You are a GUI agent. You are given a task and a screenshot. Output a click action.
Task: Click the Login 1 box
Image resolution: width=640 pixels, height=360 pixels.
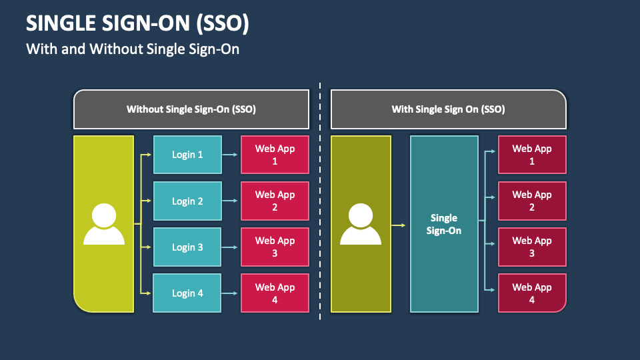click(x=187, y=155)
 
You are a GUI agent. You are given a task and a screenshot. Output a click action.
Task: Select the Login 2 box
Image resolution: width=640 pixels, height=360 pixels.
click(x=187, y=201)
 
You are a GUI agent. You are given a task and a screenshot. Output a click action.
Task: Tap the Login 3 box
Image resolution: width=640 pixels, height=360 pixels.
click(x=187, y=247)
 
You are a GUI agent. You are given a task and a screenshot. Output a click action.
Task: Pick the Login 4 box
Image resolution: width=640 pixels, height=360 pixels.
click(x=187, y=293)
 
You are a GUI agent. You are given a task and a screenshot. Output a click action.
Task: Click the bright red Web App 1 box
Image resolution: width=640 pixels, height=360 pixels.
click(x=275, y=155)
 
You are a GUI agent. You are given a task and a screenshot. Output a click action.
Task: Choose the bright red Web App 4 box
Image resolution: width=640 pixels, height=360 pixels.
click(x=275, y=293)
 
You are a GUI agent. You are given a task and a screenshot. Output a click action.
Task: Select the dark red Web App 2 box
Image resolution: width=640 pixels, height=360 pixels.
click(x=532, y=201)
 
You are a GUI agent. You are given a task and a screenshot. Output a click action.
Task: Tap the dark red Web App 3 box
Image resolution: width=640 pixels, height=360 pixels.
click(x=532, y=247)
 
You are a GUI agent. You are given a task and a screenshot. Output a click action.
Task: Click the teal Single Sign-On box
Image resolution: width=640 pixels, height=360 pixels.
click(x=444, y=224)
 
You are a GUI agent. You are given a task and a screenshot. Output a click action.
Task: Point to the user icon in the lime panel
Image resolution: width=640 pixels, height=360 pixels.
click(x=104, y=224)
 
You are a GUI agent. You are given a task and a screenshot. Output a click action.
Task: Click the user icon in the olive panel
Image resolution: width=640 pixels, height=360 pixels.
click(x=361, y=224)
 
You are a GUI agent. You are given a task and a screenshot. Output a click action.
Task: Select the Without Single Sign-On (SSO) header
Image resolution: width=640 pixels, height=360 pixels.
click(x=191, y=109)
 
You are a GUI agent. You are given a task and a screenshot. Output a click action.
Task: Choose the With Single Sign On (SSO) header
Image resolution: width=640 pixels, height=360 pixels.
click(x=448, y=109)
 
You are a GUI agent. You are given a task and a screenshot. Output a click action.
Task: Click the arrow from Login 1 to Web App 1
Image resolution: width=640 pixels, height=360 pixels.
click(x=231, y=155)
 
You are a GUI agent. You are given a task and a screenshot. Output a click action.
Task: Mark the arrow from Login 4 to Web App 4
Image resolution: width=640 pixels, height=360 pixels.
click(x=231, y=293)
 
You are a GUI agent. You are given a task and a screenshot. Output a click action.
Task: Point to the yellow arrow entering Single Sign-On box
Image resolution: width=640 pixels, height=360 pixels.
click(x=399, y=225)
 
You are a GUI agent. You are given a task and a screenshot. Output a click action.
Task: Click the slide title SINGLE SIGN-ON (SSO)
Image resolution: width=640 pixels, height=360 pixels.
click(x=137, y=24)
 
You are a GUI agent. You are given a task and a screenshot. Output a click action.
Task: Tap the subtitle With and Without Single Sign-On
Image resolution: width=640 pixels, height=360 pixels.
click(x=132, y=49)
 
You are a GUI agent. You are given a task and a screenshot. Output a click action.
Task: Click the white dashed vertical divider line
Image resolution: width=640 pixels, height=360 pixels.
click(x=320, y=200)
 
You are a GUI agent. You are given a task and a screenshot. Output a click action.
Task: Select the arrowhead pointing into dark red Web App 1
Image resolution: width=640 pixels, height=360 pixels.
click(x=493, y=151)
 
